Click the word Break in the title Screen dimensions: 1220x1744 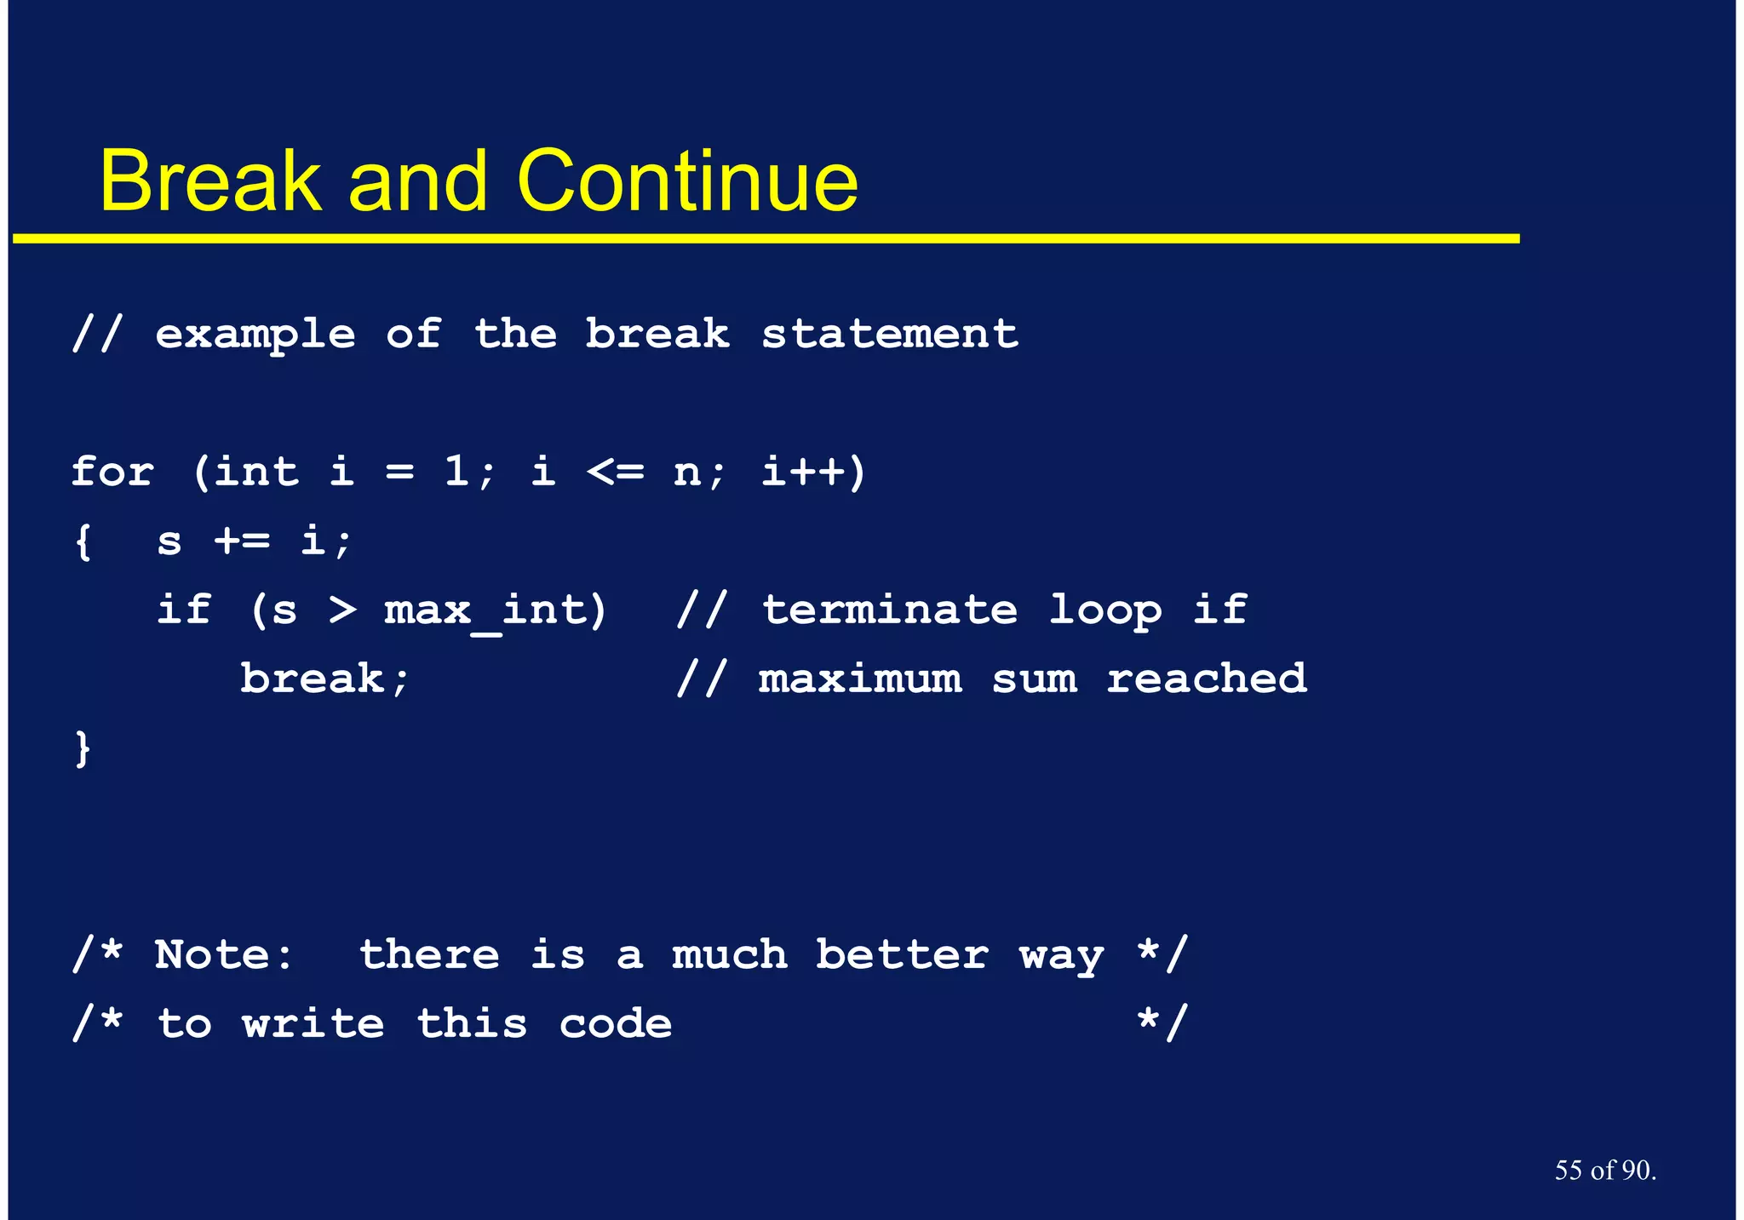(x=210, y=181)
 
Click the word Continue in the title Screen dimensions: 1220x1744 (x=687, y=181)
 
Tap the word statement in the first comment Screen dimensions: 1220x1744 (x=889, y=333)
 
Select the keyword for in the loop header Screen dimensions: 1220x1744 (x=112, y=471)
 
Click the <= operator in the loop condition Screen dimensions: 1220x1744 (x=615, y=471)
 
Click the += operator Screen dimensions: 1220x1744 (x=242, y=540)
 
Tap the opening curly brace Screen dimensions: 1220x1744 (x=83, y=541)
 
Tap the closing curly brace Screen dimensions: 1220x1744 (x=83, y=748)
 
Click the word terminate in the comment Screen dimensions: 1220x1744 (x=889, y=610)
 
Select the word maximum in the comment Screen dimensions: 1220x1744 (x=860, y=679)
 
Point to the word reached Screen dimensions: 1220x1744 (x=1206, y=679)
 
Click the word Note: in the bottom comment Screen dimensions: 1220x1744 (x=224, y=954)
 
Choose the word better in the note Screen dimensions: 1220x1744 (x=902, y=954)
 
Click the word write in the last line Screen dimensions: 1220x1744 (x=313, y=1023)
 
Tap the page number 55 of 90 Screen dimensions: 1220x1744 (x=1604, y=1170)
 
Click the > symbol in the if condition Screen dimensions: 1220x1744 (x=342, y=610)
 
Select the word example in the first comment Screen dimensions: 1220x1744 (x=255, y=333)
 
